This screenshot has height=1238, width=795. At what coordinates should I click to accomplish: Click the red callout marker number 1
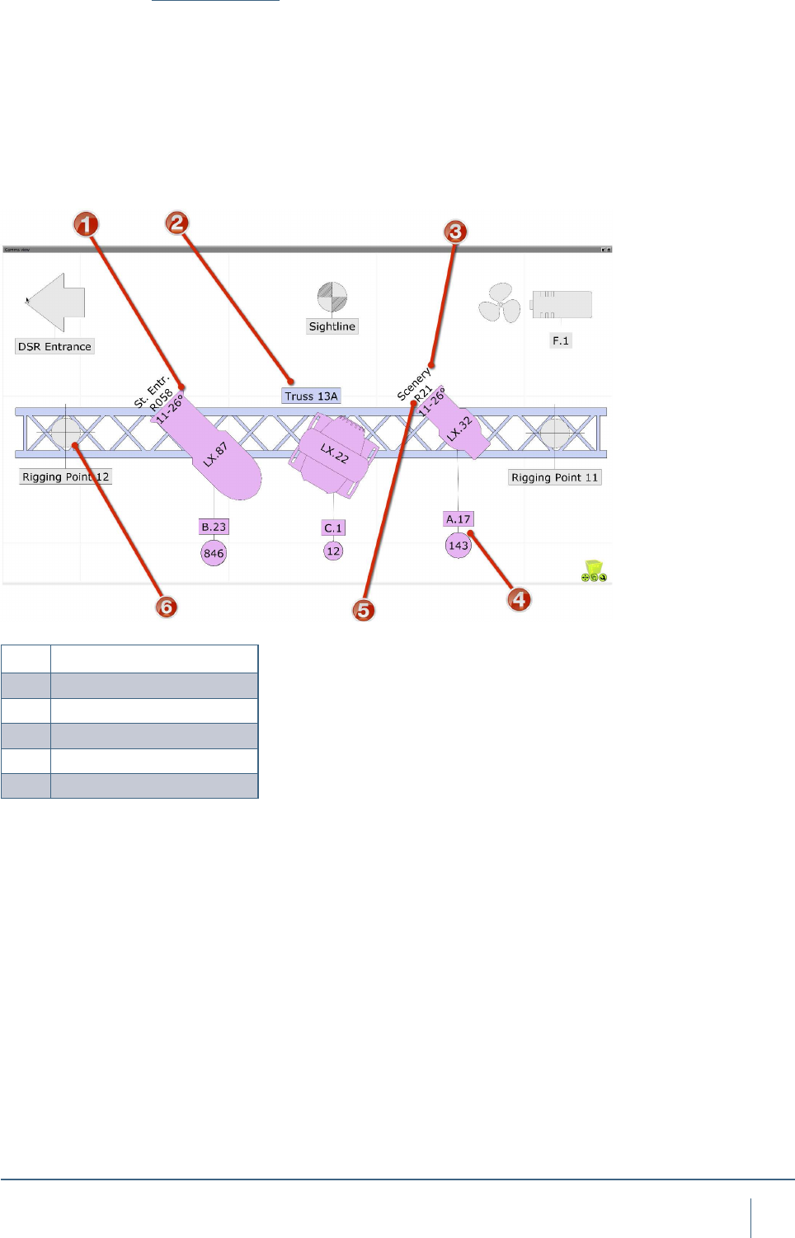[86, 224]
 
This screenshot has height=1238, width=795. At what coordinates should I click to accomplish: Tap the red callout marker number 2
[177, 223]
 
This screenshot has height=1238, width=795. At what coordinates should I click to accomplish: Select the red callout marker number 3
[455, 232]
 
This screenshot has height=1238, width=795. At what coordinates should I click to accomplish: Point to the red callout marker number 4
[519, 599]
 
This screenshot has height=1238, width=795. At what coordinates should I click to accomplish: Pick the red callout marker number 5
[363, 610]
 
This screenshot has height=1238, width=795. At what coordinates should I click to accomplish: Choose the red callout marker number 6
[167, 607]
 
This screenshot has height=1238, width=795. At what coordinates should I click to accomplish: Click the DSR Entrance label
[54, 347]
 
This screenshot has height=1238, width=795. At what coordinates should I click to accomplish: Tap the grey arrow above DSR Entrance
[56, 302]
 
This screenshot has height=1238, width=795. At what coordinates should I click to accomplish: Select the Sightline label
[332, 326]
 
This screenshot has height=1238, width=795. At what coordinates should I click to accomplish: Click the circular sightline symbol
[332, 298]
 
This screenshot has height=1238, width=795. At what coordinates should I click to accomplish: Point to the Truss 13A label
[311, 396]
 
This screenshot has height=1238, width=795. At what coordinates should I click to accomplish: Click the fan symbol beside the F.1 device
[500, 303]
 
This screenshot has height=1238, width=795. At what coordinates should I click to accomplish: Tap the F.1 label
[561, 340]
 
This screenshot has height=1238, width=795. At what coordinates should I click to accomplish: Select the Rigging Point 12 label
[65, 477]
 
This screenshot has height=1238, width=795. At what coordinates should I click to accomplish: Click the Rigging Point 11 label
[554, 477]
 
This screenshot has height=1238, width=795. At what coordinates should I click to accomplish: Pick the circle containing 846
[214, 553]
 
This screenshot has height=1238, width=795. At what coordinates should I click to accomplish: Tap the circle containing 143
[459, 545]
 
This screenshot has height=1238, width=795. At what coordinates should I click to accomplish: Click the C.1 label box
[333, 528]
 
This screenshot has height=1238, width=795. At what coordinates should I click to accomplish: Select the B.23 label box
[214, 527]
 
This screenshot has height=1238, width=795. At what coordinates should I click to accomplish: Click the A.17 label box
[458, 519]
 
